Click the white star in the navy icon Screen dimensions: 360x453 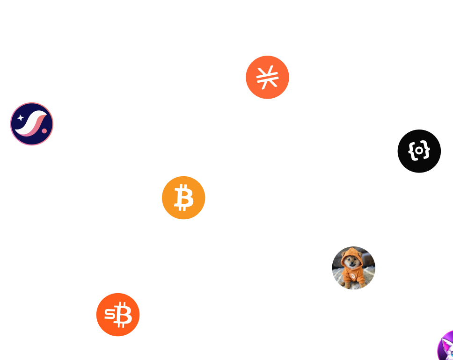21,118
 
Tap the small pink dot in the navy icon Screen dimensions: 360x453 44,130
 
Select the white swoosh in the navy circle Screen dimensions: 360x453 31,124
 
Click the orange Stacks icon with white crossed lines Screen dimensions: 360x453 267,77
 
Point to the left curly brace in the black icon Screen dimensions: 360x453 411,151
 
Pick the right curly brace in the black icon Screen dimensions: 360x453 427,151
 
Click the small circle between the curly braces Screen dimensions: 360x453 419,151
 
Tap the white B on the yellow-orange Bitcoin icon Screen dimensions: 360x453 183,198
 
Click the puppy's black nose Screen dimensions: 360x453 352,263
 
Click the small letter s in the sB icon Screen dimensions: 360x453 109,314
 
